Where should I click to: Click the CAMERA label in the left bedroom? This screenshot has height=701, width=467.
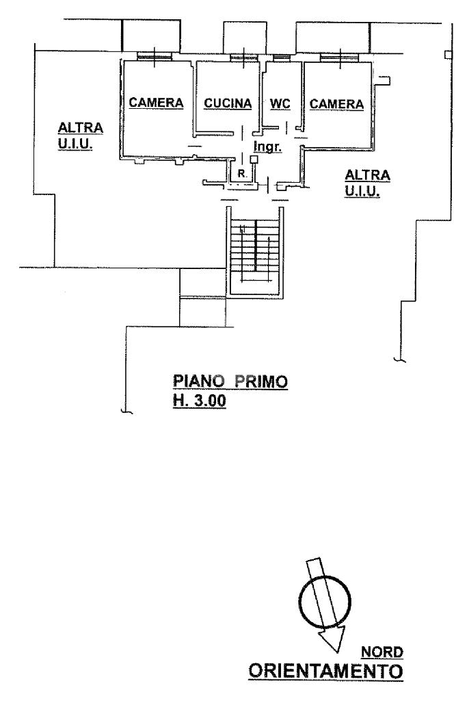coord(157,103)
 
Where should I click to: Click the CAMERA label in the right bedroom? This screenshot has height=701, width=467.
coord(336,103)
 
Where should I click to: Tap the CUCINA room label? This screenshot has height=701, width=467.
coord(228,103)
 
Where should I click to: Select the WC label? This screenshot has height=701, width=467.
coord(280,103)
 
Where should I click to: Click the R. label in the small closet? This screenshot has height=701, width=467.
coord(242,174)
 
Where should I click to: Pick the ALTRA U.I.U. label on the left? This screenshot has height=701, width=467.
coord(80,136)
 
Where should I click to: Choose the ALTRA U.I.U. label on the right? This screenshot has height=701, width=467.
coord(367,183)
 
